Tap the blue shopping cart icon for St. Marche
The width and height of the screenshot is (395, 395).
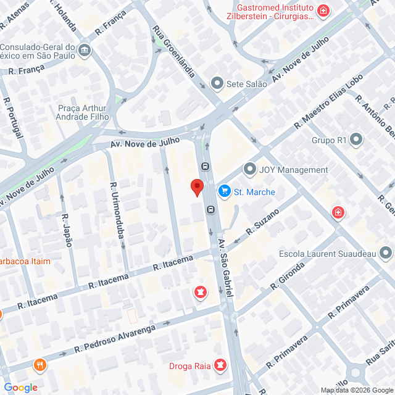click(x=224, y=192)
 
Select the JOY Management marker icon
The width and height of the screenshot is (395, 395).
click(x=249, y=169)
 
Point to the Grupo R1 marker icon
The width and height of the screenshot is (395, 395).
click(x=356, y=140)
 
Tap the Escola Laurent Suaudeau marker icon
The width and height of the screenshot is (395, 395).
click(x=386, y=253)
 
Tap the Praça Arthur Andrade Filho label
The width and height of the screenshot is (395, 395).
click(x=82, y=112)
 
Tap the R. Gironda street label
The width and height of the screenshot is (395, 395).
click(x=288, y=275)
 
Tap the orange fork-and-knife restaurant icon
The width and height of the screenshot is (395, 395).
click(x=41, y=364)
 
